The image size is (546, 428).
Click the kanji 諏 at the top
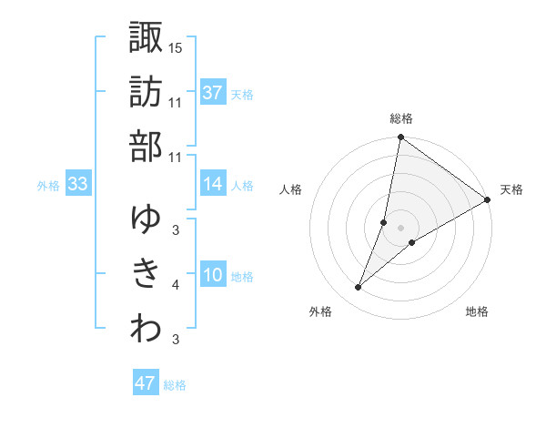coord(146,38)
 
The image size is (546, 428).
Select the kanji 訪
coord(146,92)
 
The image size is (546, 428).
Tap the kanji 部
coord(146,145)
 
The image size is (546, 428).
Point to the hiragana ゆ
coord(146,219)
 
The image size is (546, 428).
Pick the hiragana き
coord(146,273)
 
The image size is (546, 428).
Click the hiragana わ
coord(146,329)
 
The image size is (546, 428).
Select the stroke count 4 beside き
coord(176,285)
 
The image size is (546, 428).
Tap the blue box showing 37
coord(213,93)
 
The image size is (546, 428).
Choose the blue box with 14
coord(213,184)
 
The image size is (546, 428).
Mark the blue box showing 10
coord(213,276)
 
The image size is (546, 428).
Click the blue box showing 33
coord(77,184)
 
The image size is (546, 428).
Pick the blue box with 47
coord(146,383)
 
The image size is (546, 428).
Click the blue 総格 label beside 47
coord(175,385)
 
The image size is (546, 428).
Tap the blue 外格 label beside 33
coord(48,186)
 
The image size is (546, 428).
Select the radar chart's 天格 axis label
coord(511,189)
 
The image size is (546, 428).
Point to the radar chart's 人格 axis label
coord(291,189)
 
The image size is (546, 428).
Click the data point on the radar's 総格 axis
coord(400,138)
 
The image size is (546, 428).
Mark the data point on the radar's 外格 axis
coord(358,288)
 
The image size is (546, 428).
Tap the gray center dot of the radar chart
coord(400,227)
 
